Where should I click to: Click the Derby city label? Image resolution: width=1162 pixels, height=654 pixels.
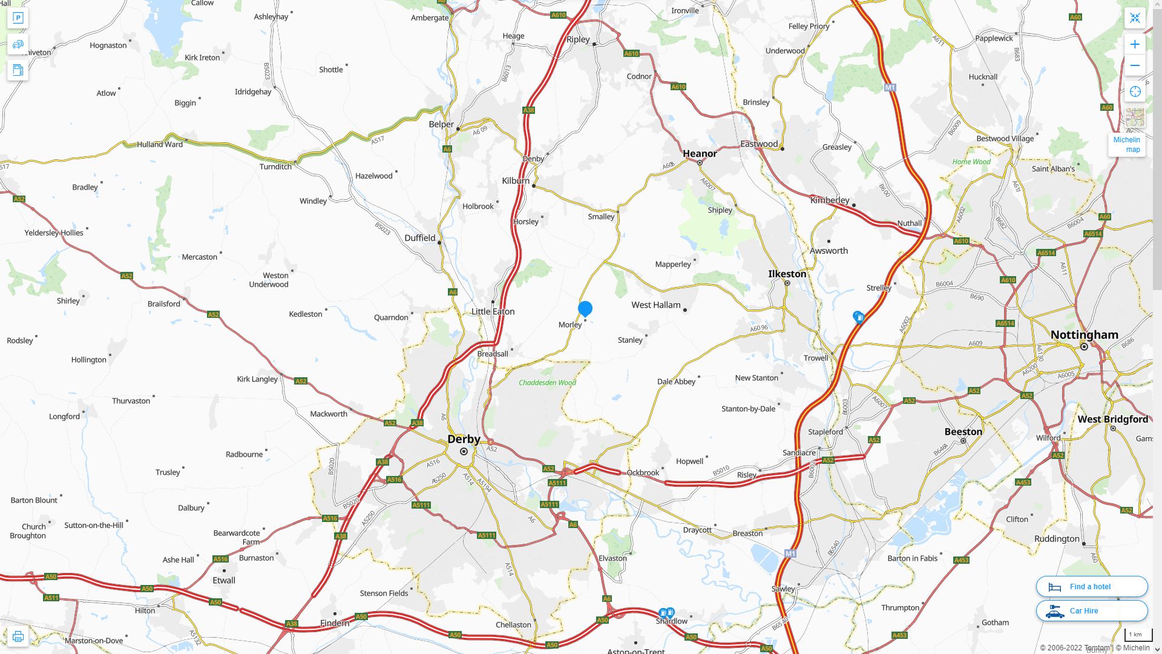pyautogui.click(x=464, y=439)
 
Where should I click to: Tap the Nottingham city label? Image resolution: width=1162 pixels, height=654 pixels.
pyautogui.click(x=1084, y=335)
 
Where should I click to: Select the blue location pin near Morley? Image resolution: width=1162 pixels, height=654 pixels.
pyautogui.click(x=585, y=309)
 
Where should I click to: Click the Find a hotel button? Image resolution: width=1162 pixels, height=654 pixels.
pyautogui.click(x=1091, y=586)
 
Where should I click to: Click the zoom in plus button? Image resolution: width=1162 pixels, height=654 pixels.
pyautogui.click(x=1135, y=44)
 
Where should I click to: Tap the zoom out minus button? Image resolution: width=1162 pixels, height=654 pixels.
pyautogui.click(x=1135, y=65)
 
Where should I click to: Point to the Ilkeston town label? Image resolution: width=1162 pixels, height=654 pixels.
pyautogui.click(x=787, y=274)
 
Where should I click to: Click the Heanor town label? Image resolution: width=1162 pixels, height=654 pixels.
pyautogui.click(x=700, y=154)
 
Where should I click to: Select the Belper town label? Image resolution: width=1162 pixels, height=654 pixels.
pyautogui.click(x=441, y=124)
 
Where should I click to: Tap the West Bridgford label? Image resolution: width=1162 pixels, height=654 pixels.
pyautogui.click(x=1112, y=419)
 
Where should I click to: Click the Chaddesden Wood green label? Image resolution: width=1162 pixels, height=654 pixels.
pyautogui.click(x=547, y=383)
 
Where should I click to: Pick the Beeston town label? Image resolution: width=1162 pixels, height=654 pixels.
pyautogui.click(x=963, y=432)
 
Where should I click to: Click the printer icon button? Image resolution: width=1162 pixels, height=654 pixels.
pyautogui.click(x=18, y=636)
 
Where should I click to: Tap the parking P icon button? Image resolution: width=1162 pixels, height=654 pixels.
pyautogui.click(x=18, y=18)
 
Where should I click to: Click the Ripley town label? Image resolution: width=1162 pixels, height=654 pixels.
pyautogui.click(x=578, y=39)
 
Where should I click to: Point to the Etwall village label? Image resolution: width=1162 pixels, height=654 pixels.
pyautogui.click(x=224, y=580)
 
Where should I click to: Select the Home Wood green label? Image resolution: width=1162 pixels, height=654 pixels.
pyautogui.click(x=971, y=162)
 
